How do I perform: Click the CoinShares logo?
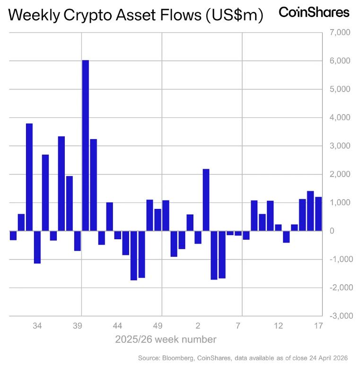(314, 12)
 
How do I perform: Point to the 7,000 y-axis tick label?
(337, 33)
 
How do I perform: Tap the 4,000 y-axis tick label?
(337, 117)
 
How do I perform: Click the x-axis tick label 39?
(78, 326)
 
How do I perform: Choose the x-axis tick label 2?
(198, 326)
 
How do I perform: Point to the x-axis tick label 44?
(118, 326)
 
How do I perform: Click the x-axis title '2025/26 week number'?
(166, 339)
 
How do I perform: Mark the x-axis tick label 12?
(278, 326)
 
